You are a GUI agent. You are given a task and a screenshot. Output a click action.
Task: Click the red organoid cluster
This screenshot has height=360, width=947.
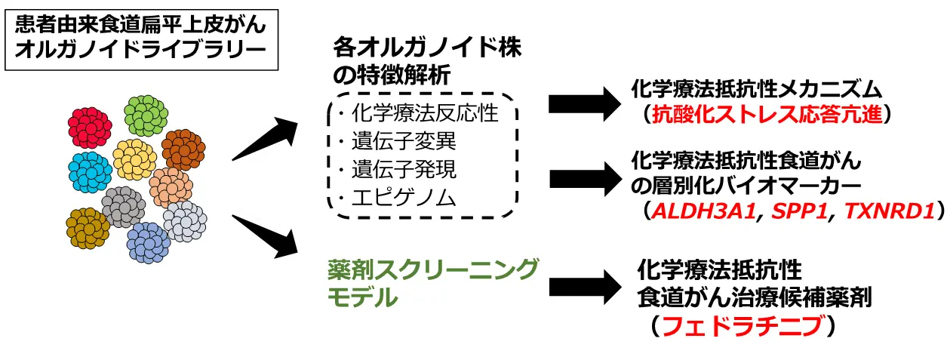(90, 125)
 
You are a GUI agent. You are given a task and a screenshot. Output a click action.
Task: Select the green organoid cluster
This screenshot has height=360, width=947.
(146, 115)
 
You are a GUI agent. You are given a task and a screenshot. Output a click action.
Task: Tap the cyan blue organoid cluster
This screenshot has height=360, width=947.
(90, 171)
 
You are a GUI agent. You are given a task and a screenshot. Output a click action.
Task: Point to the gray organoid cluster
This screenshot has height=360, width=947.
(122, 206)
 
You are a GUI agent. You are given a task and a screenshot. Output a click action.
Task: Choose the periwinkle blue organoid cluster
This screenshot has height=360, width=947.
(149, 242)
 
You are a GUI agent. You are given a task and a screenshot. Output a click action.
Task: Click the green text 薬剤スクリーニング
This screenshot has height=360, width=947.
(434, 269)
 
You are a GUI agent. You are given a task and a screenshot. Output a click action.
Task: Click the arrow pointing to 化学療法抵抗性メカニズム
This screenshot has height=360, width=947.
(584, 103)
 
